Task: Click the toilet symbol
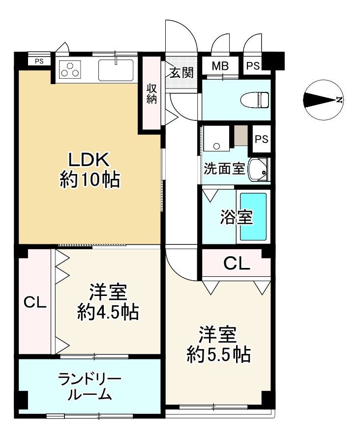pos(255,99)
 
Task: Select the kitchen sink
pos(116,70)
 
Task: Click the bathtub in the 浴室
pos(253,216)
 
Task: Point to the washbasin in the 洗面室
pos(259,170)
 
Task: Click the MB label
pos(220,66)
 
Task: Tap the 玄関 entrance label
pos(181,73)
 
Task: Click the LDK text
pos(89,160)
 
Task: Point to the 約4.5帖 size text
pos(108,312)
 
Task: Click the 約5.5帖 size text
pos(218,354)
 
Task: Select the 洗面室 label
pos(224,169)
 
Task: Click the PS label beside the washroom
pos(262,139)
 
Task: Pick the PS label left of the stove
pos(39,61)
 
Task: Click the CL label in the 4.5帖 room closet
pos(35,302)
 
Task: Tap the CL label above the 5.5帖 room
pos(237,264)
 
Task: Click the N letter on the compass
pos(339,100)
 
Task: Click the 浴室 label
pos(237,217)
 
